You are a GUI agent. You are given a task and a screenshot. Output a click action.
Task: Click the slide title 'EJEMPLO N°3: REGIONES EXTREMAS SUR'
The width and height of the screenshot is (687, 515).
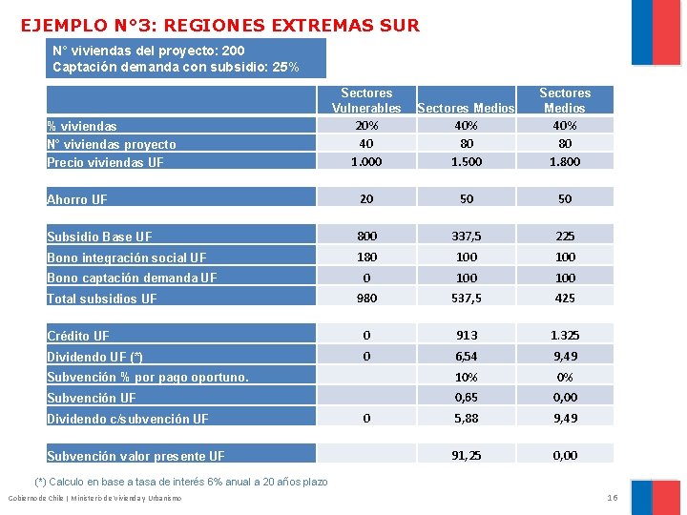tap(220, 26)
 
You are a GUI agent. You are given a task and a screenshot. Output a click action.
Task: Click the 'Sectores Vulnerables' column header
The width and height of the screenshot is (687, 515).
tap(366, 100)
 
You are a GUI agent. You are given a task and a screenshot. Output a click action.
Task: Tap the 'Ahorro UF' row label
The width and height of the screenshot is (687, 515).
tap(77, 199)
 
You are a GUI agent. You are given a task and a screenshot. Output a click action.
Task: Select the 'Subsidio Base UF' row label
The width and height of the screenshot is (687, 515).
tap(99, 237)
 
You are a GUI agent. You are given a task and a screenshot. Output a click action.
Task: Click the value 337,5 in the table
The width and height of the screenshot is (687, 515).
tap(467, 236)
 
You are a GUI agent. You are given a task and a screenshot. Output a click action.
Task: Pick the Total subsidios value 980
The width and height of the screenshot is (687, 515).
tap(366, 298)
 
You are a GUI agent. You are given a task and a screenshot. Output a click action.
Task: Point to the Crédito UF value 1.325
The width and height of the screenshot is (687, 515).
tap(565, 335)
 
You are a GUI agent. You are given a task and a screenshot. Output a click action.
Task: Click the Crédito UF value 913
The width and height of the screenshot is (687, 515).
tap(467, 335)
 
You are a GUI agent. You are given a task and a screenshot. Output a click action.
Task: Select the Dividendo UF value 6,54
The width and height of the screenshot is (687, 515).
tap(467, 356)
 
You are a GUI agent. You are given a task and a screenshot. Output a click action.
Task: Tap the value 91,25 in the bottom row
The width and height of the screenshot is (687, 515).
tap(467, 455)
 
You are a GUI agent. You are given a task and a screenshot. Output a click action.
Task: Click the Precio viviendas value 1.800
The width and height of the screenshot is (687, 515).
tap(565, 161)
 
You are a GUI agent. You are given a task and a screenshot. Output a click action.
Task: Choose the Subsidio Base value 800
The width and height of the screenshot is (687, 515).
tap(366, 236)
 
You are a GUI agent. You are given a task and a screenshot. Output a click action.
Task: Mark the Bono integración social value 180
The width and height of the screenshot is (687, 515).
tap(366, 257)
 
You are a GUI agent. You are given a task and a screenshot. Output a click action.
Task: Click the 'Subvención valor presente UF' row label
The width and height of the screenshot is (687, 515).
tap(136, 456)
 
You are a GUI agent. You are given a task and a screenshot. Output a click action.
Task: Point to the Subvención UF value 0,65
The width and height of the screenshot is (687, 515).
tap(467, 397)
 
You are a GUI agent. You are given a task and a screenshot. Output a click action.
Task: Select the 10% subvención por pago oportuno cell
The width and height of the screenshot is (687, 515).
tap(467, 377)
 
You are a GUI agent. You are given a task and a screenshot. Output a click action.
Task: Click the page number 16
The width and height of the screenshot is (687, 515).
tap(613, 498)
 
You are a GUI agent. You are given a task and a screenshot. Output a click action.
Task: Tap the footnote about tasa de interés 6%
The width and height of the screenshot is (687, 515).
tap(181, 482)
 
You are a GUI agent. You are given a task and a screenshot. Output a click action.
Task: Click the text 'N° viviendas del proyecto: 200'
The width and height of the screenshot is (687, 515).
tap(149, 51)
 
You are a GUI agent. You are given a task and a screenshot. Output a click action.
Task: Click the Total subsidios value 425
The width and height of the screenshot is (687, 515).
tap(565, 298)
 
